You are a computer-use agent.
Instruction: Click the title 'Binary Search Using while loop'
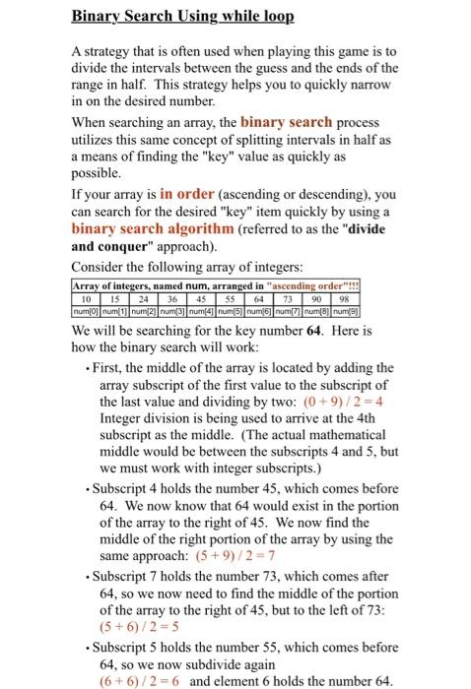click(182, 18)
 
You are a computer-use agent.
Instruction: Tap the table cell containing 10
click(88, 298)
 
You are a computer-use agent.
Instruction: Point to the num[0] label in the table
click(89, 311)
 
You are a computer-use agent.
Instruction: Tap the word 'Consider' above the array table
click(100, 267)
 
